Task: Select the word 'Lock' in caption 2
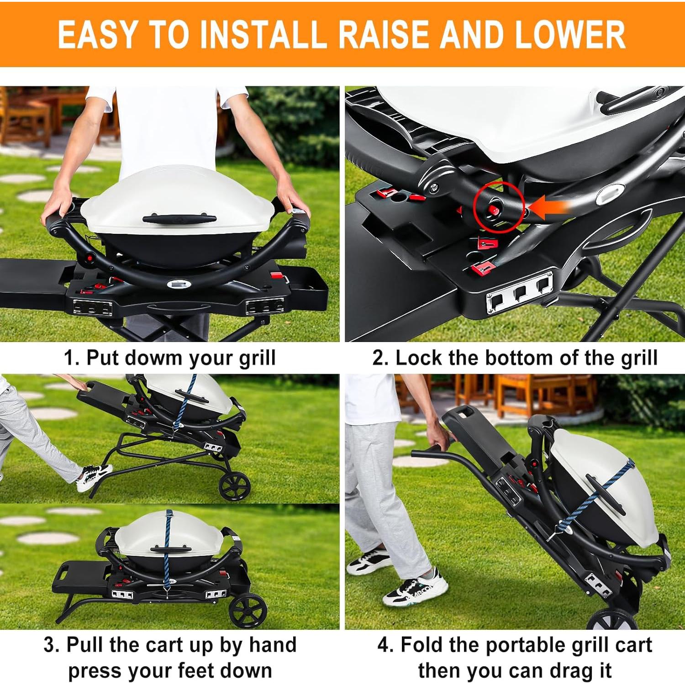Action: tap(418, 358)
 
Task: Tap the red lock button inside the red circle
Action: tap(493, 210)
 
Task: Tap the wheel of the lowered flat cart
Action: tap(247, 611)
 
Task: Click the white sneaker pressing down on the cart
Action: tap(94, 477)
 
